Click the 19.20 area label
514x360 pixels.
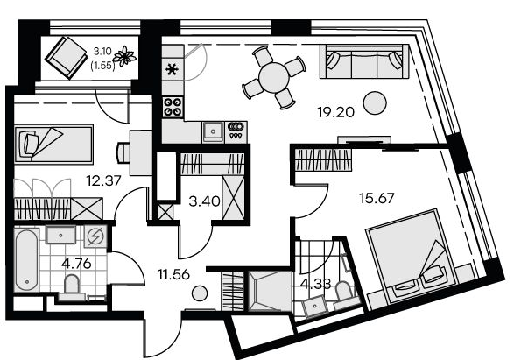click(x=335, y=112)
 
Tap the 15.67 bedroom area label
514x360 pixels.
click(x=377, y=198)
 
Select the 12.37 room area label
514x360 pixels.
click(x=103, y=180)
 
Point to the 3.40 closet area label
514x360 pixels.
click(x=205, y=201)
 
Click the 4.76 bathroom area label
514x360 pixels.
click(x=76, y=264)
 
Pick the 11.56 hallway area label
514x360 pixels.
click(x=173, y=274)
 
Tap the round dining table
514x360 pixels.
click(x=274, y=78)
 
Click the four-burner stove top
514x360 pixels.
click(x=173, y=107)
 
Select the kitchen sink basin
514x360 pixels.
click(x=213, y=131)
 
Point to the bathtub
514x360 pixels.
click(x=26, y=260)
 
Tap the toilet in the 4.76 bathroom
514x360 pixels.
click(x=72, y=286)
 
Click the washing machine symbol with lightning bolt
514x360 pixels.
click(x=96, y=236)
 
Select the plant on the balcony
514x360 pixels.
click(x=124, y=56)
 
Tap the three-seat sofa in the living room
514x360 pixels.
click(x=364, y=61)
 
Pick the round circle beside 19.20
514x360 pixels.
click(x=375, y=103)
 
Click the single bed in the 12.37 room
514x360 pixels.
click(x=54, y=144)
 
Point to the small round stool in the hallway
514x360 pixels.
click(x=200, y=293)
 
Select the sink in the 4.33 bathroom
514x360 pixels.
click(x=314, y=307)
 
